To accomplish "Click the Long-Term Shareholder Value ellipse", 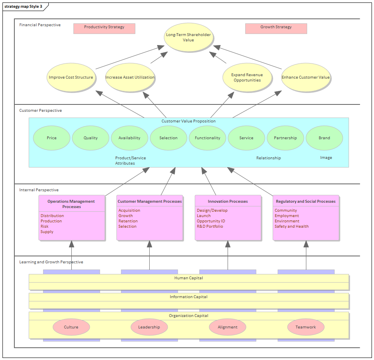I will click(188, 37).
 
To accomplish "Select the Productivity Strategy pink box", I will click(104, 28).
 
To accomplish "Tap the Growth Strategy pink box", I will click(276, 28).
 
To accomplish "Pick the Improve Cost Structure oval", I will click(71, 77).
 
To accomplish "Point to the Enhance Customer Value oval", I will click(306, 77).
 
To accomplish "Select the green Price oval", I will click(52, 138).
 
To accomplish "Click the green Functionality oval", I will click(208, 138).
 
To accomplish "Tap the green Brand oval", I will click(324, 138).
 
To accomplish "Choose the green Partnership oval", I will click(285, 138).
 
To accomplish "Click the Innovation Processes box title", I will click(228, 202).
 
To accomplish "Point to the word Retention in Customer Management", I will click(128, 221).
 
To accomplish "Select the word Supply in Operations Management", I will click(47, 232).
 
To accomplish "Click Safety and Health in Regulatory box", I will click(292, 226).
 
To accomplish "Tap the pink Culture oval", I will click(71, 327).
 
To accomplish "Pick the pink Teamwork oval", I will click(306, 327).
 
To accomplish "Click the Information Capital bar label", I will click(189, 297).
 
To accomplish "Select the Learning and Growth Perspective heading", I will click(51, 262).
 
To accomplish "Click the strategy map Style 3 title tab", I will click(23, 7).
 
